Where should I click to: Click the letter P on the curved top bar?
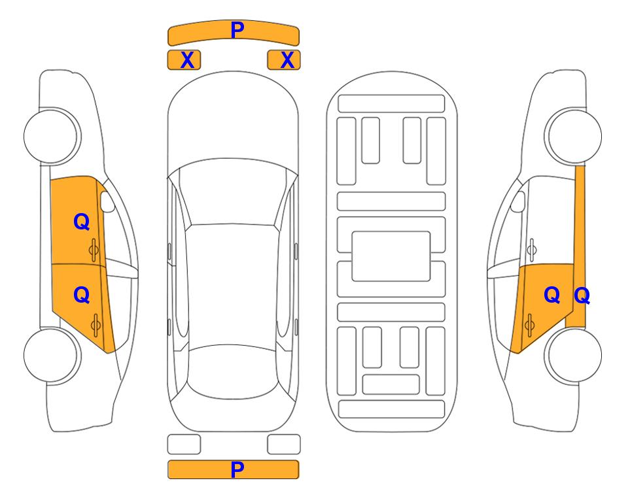click(237, 29)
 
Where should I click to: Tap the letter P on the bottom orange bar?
click(237, 469)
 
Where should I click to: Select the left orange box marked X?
click(184, 60)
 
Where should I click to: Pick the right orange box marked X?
click(284, 60)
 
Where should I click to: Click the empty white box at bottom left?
click(184, 444)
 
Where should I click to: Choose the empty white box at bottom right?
click(284, 444)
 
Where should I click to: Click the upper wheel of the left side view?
click(51, 136)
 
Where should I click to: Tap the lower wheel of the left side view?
click(51, 355)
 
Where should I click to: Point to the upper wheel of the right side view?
click(574, 136)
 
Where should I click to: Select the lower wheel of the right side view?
click(574, 355)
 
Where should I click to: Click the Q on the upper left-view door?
click(82, 222)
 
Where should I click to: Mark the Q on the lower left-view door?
click(82, 295)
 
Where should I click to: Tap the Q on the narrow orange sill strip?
click(582, 296)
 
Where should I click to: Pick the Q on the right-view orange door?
click(551, 295)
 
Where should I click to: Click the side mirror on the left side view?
click(107, 201)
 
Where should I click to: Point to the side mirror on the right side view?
click(517, 201)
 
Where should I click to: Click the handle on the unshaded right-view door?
click(532, 250)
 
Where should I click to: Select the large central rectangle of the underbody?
click(391, 256)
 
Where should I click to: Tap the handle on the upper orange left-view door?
click(94, 250)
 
